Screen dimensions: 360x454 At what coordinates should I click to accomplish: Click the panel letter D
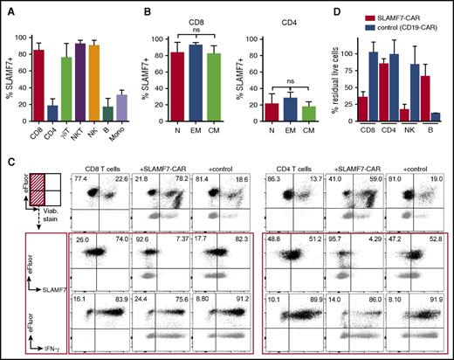pyautogui.click(x=322, y=10)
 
